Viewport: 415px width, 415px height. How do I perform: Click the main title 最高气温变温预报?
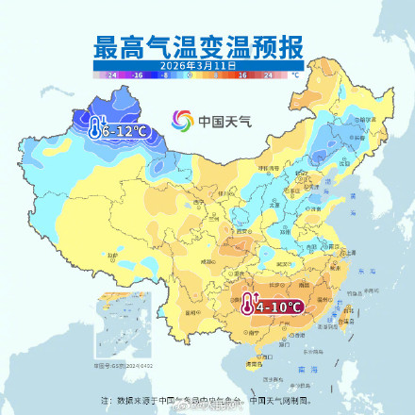click(207, 48)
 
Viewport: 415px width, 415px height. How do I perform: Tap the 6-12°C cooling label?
click(122, 129)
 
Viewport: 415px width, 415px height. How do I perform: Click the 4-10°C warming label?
click(277, 307)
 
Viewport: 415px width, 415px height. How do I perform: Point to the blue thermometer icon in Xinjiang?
click(95, 128)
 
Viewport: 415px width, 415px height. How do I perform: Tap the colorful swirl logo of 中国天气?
click(182, 121)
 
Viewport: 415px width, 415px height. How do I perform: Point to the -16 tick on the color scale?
click(137, 74)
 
